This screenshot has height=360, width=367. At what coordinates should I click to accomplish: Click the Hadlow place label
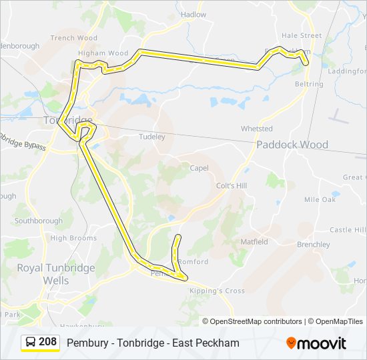(194, 15)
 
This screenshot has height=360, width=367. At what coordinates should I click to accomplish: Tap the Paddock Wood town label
(292, 145)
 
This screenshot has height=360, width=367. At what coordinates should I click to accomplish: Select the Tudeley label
(151, 137)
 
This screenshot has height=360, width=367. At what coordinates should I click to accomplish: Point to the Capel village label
(200, 169)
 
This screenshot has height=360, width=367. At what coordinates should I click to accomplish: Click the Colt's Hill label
(231, 186)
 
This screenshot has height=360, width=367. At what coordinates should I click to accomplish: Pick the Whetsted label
(257, 129)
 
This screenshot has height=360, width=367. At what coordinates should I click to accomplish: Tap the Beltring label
(309, 85)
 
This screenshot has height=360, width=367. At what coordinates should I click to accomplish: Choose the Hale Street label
(302, 35)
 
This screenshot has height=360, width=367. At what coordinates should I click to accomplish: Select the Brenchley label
(314, 245)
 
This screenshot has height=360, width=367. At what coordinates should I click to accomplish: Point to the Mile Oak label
(320, 199)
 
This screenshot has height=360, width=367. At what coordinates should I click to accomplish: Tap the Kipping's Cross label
(217, 291)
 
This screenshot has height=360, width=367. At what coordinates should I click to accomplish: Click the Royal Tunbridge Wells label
(56, 274)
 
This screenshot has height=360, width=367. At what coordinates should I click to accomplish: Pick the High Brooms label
(73, 238)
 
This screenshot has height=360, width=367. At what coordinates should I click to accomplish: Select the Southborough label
(38, 221)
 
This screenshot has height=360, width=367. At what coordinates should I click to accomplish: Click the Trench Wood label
(73, 38)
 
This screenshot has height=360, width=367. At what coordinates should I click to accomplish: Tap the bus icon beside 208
(31, 343)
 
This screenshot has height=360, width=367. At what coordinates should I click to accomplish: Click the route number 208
(47, 342)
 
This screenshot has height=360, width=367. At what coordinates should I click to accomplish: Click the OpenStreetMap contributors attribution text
(256, 321)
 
